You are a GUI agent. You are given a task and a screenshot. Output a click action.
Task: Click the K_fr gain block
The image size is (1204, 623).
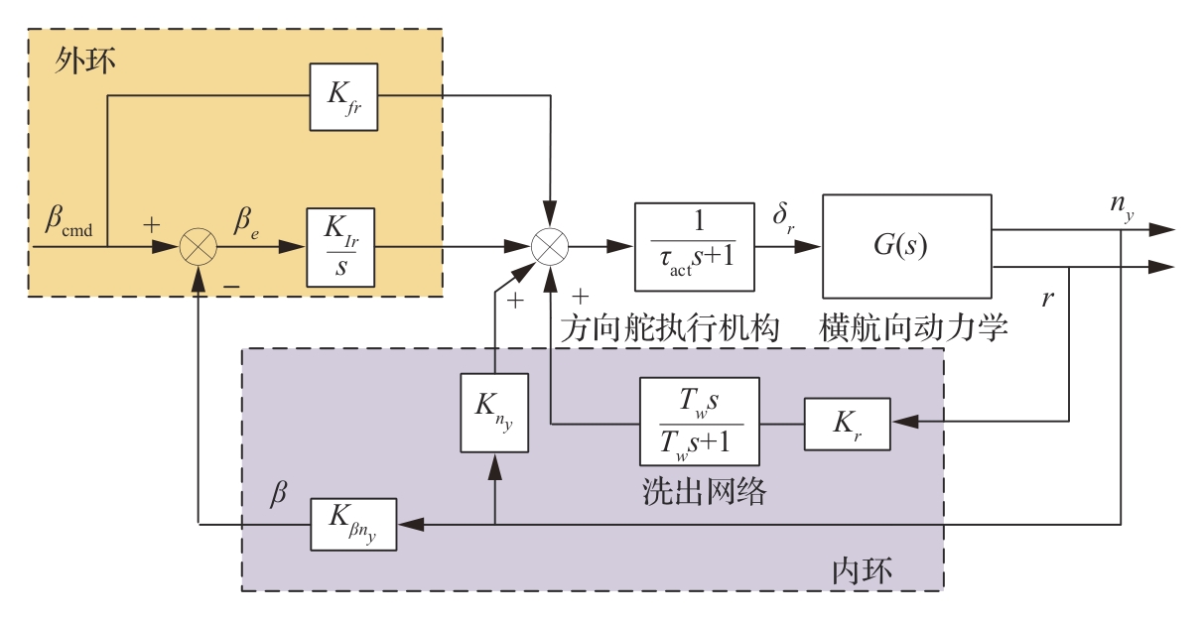(343, 96)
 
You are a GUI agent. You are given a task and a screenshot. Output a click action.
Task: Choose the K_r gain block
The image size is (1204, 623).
(847, 422)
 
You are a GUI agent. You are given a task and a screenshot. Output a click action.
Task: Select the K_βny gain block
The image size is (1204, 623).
(353, 524)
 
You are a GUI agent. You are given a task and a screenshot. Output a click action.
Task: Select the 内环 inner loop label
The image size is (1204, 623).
(862, 571)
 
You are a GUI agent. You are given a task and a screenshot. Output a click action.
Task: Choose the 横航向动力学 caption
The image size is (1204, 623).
(914, 327)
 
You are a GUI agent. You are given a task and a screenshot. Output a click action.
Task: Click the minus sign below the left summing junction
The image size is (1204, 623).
(230, 286)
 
